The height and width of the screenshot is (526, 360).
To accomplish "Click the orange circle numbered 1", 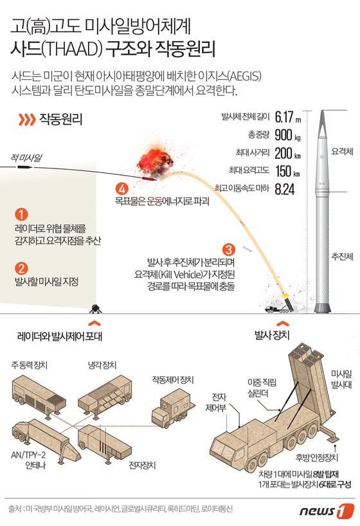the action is tap(21, 215).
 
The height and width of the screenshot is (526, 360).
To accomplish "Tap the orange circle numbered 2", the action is tap(21, 268).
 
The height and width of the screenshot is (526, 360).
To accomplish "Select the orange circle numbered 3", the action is tap(229, 249).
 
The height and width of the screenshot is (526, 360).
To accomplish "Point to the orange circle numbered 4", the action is tap(122, 189).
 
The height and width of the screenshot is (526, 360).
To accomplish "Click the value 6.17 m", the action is tap(288, 117).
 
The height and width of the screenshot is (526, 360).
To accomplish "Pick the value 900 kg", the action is tap(287, 135).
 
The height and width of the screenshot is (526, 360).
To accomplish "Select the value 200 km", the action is tap(288, 153).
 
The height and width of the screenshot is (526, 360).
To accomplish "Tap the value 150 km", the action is tap(287, 172).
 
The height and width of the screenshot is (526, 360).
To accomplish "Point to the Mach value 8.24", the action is tap(285, 189).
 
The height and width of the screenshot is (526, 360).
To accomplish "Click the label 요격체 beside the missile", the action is tap(342, 151).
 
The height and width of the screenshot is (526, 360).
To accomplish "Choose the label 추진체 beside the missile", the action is tap(342, 257).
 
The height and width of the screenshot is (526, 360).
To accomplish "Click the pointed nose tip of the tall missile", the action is tap(322, 111).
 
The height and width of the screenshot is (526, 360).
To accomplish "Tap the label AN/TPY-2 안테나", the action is tap(30, 460).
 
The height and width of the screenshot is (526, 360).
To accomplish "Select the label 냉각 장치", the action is tap(102, 365).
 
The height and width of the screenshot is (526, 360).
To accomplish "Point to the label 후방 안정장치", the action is tap(317, 458).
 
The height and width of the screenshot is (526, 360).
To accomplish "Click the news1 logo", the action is tap(327, 511).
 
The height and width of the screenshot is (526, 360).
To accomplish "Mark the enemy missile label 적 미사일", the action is tap(26, 158).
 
